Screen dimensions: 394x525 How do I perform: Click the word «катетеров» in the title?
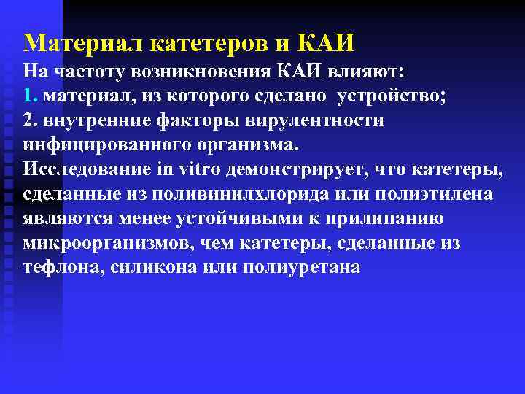coord(210,44)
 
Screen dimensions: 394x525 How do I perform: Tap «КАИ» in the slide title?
coord(327,43)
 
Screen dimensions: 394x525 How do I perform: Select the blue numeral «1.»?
coord(30,96)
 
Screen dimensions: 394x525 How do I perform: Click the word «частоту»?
coord(86,72)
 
